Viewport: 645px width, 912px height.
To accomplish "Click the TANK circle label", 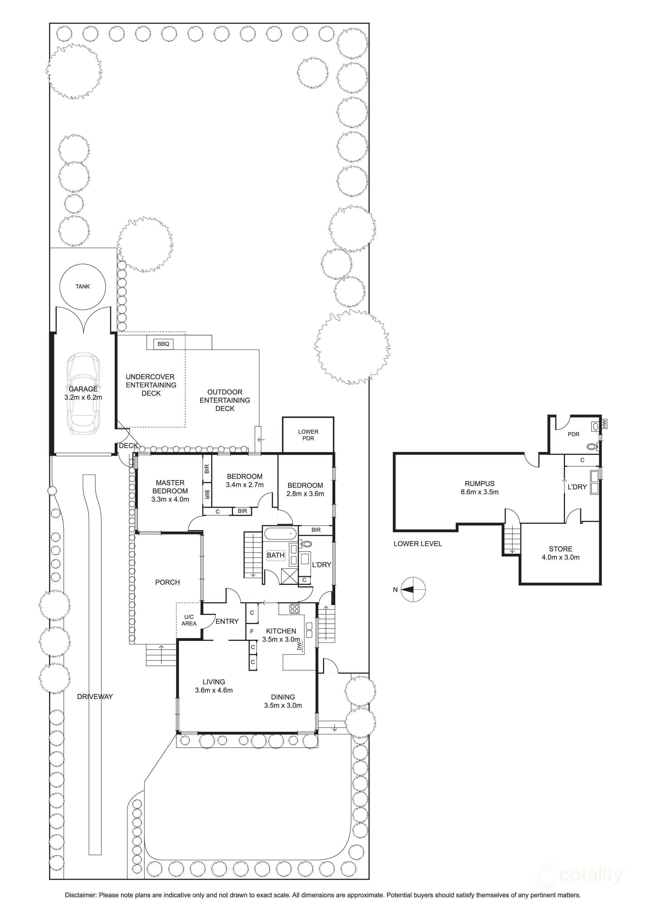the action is (x=83, y=286).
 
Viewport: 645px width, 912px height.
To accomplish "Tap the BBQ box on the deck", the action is (x=163, y=344).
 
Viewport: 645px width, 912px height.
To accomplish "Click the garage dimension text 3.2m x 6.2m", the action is (x=83, y=397).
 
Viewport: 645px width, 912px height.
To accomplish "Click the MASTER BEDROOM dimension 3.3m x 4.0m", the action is (x=170, y=499).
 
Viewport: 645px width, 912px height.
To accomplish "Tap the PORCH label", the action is (x=167, y=582).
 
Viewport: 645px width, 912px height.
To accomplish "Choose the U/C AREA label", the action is (x=189, y=621).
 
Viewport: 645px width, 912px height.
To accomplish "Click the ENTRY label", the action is (x=227, y=621).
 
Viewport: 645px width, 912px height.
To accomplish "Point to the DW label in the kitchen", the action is (x=299, y=647).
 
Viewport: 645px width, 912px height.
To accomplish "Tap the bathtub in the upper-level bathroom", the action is (x=281, y=534).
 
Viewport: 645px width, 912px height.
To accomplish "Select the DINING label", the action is (x=283, y=697).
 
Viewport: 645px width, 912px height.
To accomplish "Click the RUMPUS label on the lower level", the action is (x=480, y=483).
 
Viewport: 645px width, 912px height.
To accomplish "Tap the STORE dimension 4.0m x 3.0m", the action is (x=561, y=557).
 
